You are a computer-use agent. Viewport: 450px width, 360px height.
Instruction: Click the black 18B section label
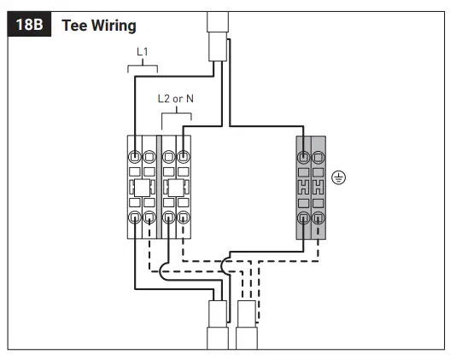(29, 24)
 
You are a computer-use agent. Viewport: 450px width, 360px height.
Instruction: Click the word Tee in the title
(74, 26)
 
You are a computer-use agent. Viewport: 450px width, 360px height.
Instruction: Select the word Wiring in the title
(114, 26)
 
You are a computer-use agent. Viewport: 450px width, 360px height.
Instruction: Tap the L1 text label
(143, 52)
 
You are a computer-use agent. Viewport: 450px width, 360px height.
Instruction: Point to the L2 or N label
(176, 99)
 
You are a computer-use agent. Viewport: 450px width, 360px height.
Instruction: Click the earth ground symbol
(339, 177)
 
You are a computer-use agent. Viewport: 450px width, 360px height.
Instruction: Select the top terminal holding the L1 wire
(134, 157)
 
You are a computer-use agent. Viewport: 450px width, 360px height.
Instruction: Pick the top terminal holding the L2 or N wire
(183, 157)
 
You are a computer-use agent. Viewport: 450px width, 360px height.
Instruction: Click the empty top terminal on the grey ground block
(318, 157)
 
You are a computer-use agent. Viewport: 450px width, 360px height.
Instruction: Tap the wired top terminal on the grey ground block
(304, 157)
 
